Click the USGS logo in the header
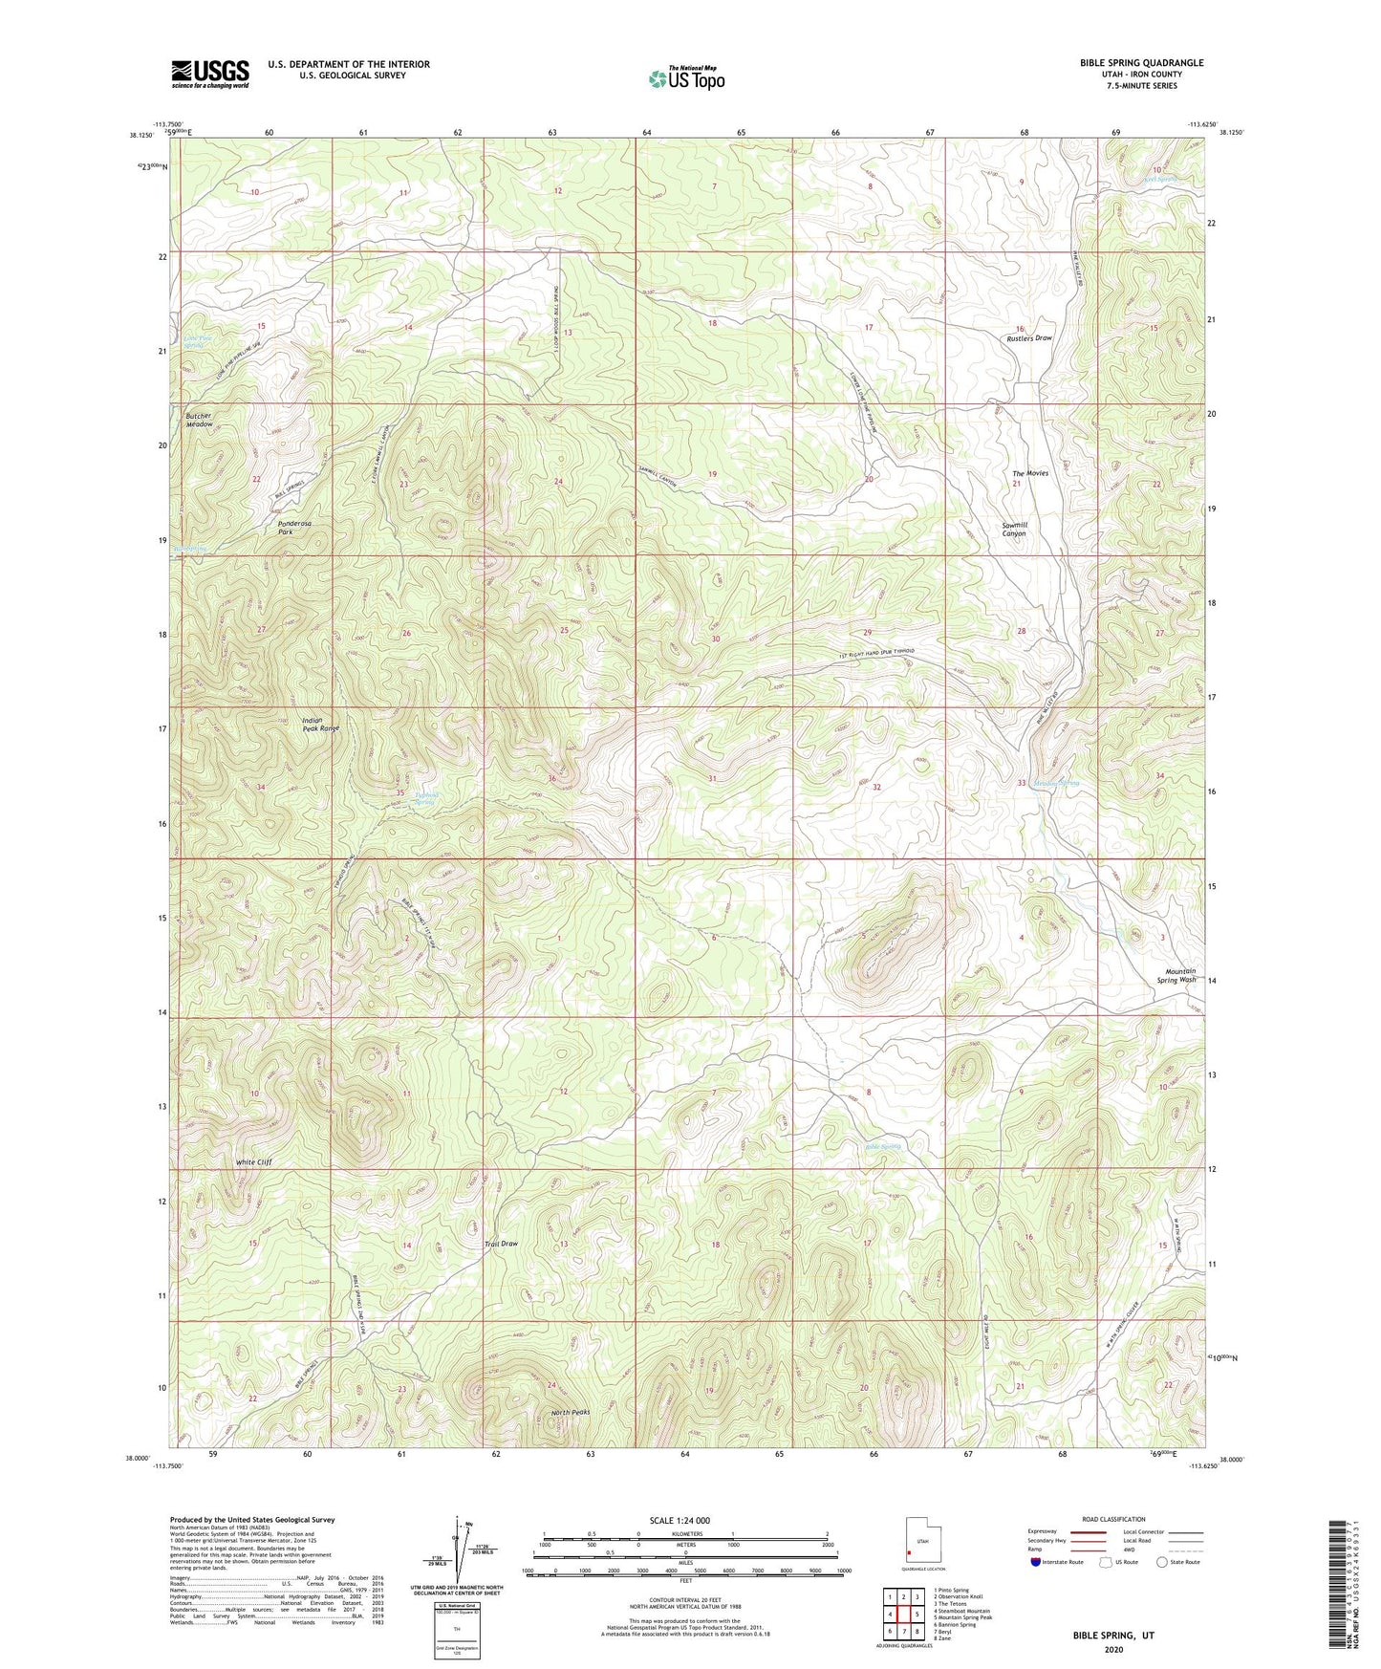click(x=210, y=74)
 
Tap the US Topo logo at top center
click(x=686, y=78)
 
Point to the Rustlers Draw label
click(x=1028, y=338)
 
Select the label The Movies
click(x=1030, y=473)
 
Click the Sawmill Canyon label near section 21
click(x=1013, y=530)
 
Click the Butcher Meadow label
click(x=199, y=421)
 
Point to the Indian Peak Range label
click(x=320, y=725)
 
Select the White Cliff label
click(x=254, y=1162)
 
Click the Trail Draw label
click(x=501, y=1244)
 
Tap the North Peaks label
click(x=571, y=1413)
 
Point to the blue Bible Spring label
click(x=882, y=1146)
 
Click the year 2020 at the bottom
click(x=1112, y=1649)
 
